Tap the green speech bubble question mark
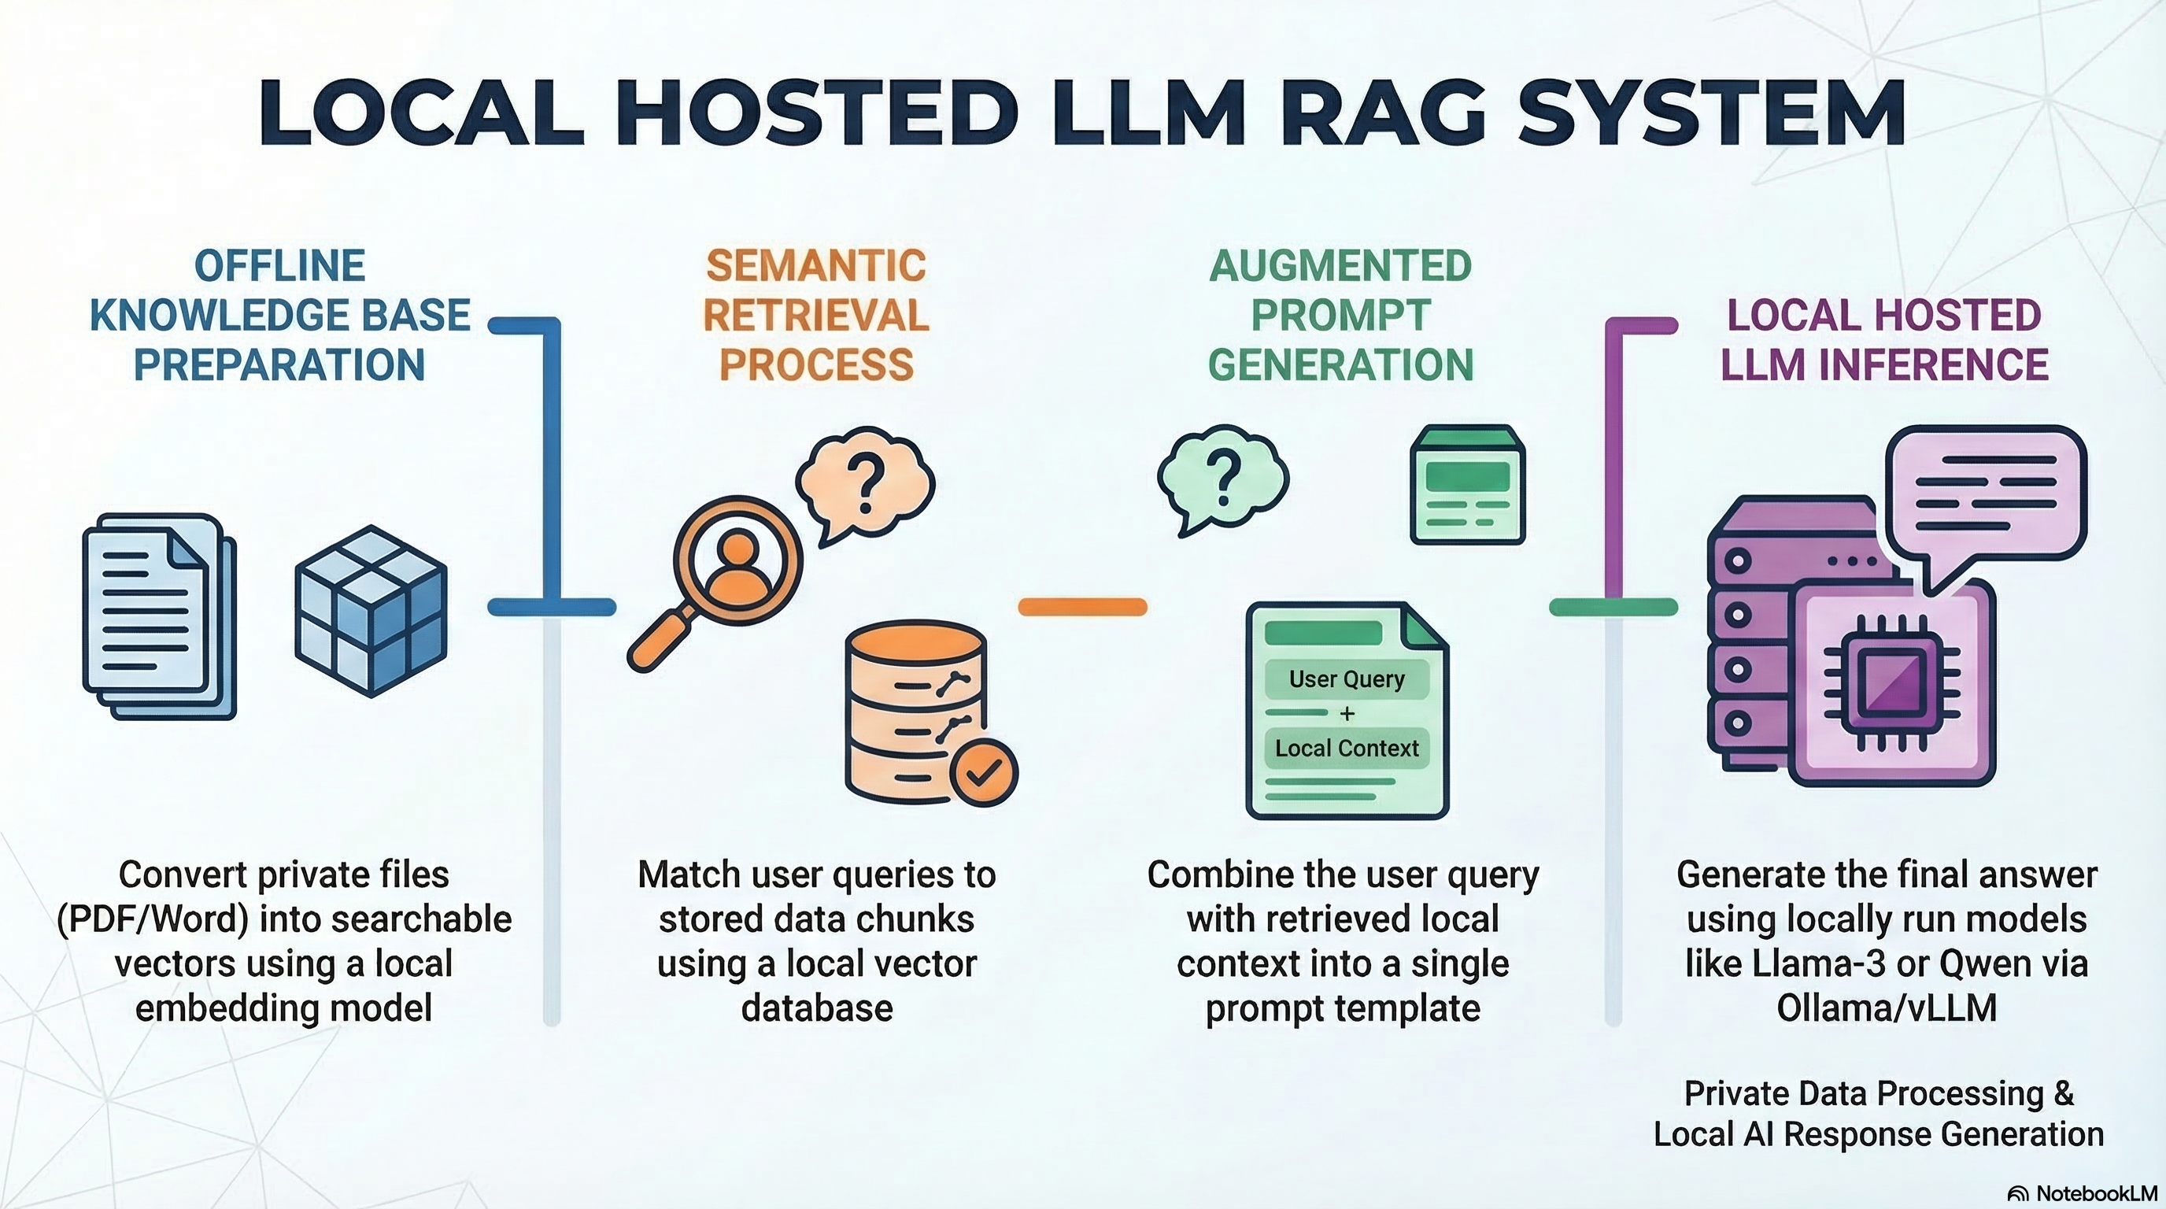point(1222,478)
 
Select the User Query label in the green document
point(1346,679)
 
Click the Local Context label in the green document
point(1346,749)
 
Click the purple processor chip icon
point(1892,682)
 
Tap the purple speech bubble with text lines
point(1986,491)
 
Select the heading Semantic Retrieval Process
point(815,316)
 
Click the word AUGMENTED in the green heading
point(1340,267)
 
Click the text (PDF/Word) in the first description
point(152,919)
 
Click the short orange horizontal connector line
point(1082,607)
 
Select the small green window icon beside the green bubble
point(1467,486)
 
